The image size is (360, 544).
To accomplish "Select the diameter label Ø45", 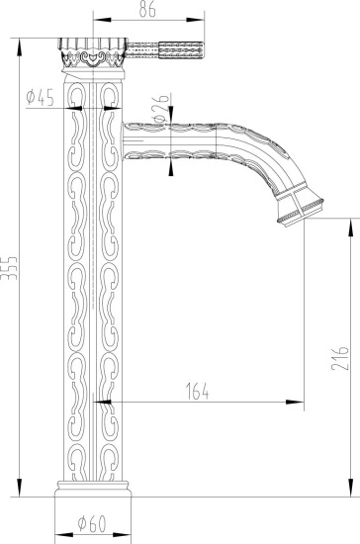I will pyautogui.click(x=43, y=96).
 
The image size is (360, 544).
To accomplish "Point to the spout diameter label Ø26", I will pyautogui.click(x=159, y=102).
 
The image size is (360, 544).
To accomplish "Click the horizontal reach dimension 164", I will pyautogui.click(x=196, y=391).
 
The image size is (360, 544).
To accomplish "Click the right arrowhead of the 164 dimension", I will pyautogui.click(x=298, y=402).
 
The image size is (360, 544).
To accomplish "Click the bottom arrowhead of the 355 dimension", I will pyautogui.click(x=20, y=492).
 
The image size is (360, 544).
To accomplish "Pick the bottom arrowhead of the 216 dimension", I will pyautogui.click(x=349, y=492).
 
